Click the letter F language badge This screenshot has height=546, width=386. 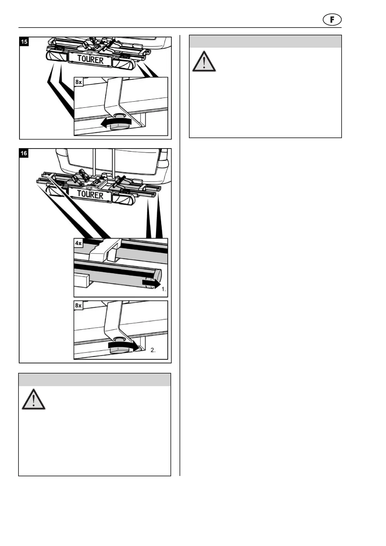(332, 20)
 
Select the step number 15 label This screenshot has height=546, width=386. (24, 42)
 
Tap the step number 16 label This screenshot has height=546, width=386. (24, 153)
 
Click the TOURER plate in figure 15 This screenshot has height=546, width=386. (90, 60)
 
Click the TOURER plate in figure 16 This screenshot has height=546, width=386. (90, 195)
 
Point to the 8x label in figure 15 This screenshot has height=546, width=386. (79, 82)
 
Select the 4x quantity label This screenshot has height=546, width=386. (79, 243)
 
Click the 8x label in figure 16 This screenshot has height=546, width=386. (79, 305)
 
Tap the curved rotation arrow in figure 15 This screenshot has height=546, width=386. (116, 122)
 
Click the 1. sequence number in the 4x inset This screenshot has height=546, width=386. (164, 289)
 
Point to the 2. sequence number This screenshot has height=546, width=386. (153, 350)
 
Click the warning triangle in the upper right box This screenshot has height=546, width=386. (204, 62)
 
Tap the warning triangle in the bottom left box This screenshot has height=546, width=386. (33, 399)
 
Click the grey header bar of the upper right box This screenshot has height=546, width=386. (265, 42)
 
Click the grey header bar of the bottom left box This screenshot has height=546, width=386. (95, 380)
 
